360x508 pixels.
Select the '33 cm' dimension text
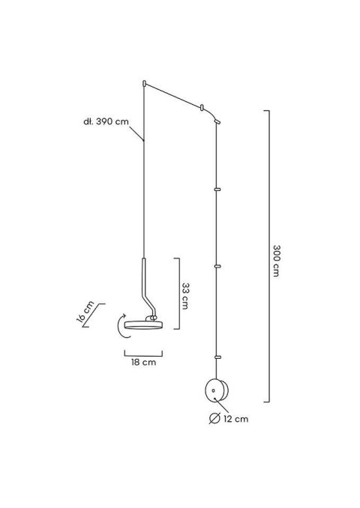click(187, 295)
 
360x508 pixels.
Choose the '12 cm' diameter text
click(236, 419)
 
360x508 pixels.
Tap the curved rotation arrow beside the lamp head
click(116, 327)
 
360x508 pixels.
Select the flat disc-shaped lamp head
click(142, 324)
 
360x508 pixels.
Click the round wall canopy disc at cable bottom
click(215, 390)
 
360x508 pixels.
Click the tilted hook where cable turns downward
click(217, 119)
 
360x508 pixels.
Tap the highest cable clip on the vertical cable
click(217, 190)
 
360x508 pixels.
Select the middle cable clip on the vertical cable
click(217, 265)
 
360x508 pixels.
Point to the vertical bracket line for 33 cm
click(176, 294)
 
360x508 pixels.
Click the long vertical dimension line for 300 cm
click(268, 255)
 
